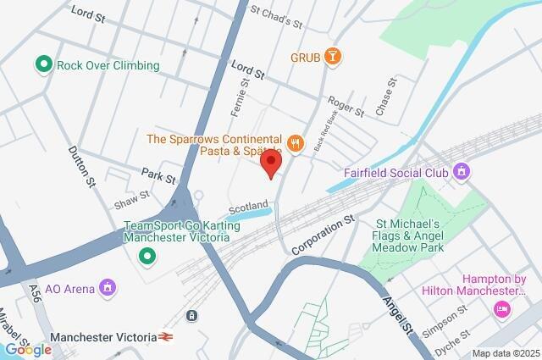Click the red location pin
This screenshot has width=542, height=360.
tap(270, 163)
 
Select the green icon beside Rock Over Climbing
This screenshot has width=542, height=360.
tap(42, 64)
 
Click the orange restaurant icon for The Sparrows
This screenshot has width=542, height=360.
tap(295, 143)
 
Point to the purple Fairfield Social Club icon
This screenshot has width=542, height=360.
tap(462, 172)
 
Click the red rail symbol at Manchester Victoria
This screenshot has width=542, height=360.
tap(163, 337)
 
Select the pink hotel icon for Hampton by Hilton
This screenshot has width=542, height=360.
tap(503, 309)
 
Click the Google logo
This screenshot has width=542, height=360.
tap(28, 349)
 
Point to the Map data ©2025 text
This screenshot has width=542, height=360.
tap(505, 353)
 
